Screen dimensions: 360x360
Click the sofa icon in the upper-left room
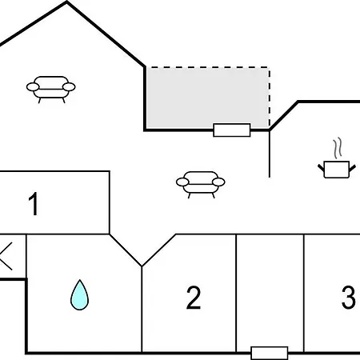tap(50, 90)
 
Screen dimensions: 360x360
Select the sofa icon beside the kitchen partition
tap(201, 185)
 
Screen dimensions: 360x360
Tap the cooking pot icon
tap(337, 170)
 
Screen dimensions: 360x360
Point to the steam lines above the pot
tap(338, 148)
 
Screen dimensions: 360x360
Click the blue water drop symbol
tap(79, 294)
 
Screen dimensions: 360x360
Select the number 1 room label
tap(34, 204)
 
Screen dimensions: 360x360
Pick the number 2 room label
tap(194, 298)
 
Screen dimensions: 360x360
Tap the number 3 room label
tap(348, 297)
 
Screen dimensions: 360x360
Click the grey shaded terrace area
tap(207, 98)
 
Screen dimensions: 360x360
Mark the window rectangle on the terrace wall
tap(232, 130)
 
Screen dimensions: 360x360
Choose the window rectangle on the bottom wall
tap(270, 353)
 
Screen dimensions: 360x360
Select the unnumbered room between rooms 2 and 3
tap(270, 293)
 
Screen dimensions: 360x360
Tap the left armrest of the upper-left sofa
tap(33, 87)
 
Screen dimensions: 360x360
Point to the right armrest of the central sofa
tap(218, 182)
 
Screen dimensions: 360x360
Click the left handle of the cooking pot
tap(321, 168)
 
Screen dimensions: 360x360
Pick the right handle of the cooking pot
tap(352, 168)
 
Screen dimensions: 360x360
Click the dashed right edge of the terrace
tap(270, 98)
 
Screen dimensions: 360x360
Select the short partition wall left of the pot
tap(270, 154)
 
